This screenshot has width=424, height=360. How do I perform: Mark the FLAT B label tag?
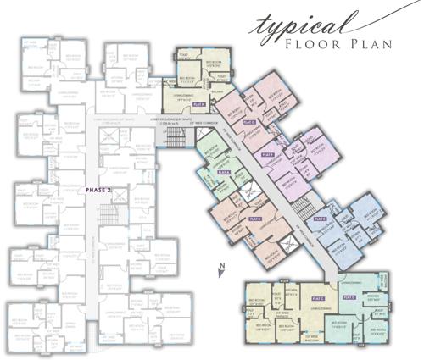click(255, 219)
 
